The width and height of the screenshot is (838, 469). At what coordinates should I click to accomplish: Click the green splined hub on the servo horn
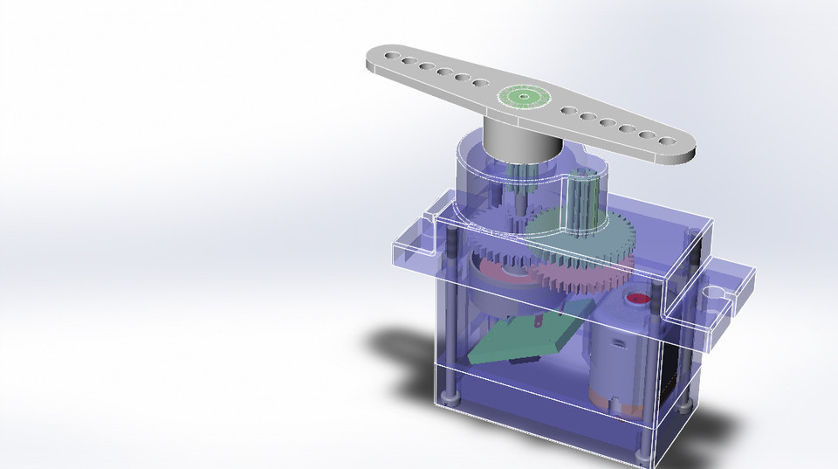(x=522, y=96)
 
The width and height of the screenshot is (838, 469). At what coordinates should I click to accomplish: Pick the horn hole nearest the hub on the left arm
(x=480, y=84)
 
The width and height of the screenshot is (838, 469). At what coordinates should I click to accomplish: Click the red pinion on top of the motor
(x=639, y=299)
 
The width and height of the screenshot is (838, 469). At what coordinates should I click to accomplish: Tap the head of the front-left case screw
(x=450, y=398)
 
